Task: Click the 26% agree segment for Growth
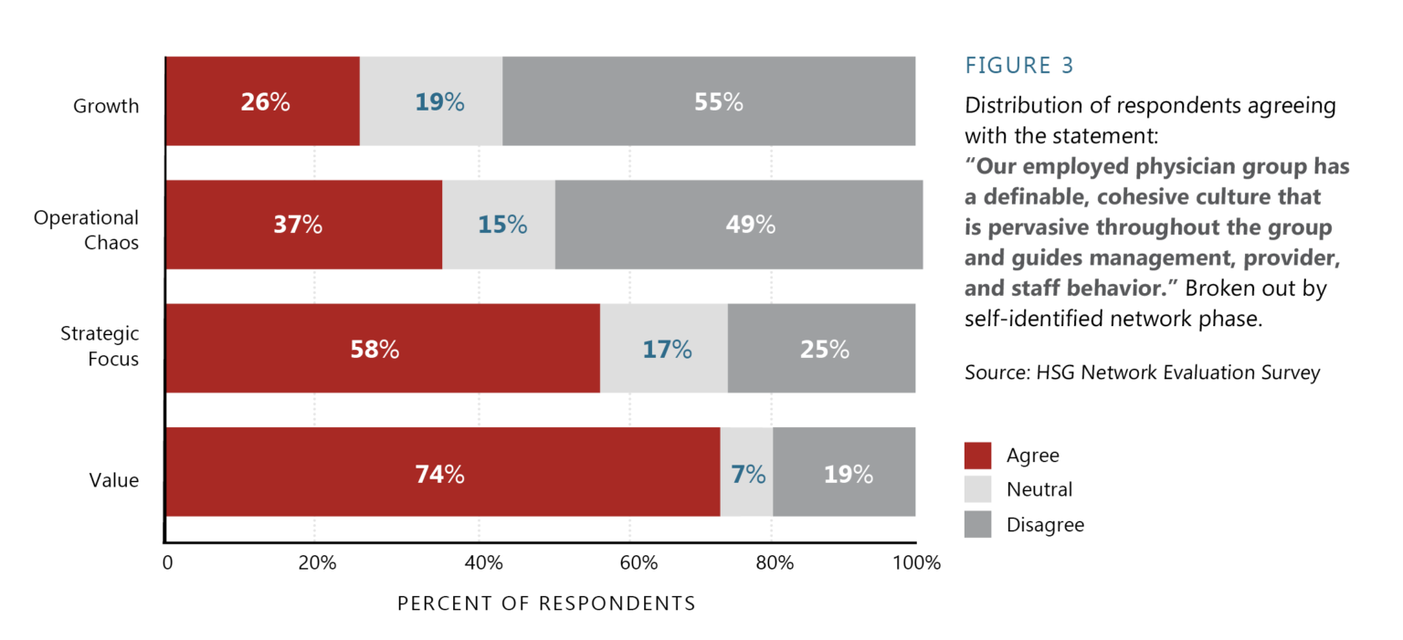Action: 263,101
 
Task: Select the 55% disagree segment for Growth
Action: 709,101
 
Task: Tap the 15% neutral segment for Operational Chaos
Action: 499,225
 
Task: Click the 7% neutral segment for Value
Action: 746,473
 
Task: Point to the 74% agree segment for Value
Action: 442,473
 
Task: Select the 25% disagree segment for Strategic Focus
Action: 821,349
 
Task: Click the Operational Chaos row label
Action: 87,230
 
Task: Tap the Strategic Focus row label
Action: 100,346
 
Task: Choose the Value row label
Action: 114,480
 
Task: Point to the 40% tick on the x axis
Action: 484,563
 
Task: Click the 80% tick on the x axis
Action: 775,563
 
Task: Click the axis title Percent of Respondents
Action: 546,604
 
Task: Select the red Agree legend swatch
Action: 977,455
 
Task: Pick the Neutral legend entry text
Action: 1039,490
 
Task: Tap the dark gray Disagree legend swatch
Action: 977,524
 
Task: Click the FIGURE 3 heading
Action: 1019,66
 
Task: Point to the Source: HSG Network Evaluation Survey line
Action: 1142,373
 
